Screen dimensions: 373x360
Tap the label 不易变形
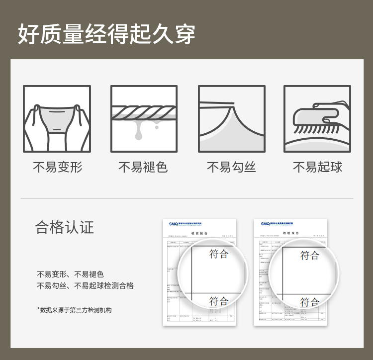click(57, 167)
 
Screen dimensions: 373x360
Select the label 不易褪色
click(143, 167)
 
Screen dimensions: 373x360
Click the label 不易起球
click(317, 167)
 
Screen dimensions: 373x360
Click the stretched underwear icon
click(57, 119)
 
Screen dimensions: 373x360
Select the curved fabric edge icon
click(231, 119)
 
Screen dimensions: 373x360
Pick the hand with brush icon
click(317, 119)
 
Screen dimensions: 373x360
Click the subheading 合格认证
click(65, 227)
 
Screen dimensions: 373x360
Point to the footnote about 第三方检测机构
click(75, 310)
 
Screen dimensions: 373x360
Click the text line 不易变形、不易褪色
click(70, 274)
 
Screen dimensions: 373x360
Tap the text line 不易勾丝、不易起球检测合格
click(85, 286)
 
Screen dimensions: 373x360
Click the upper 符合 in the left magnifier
click(219, 254)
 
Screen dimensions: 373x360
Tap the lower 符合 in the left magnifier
click(219, 301)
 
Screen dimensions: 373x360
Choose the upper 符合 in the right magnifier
click(309, 255)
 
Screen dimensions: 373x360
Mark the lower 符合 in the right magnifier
click(309, 301)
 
